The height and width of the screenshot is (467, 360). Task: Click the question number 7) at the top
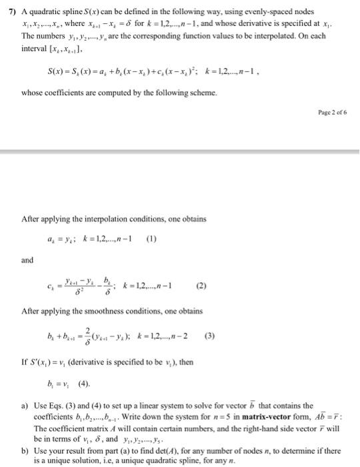click(x=9, y=11)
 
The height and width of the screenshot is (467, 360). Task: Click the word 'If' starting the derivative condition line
click(x=25, y=363)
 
